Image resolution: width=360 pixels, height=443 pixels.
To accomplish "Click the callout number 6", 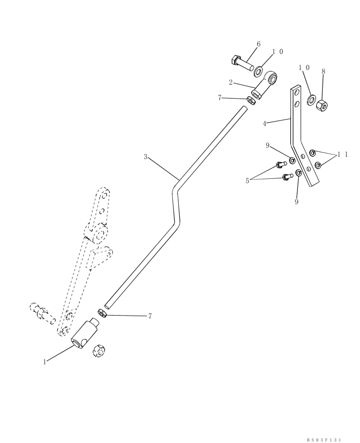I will pos(258,44).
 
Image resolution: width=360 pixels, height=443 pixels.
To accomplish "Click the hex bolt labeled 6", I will pos(242,63).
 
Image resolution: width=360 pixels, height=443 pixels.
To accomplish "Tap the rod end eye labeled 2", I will pos(266,85).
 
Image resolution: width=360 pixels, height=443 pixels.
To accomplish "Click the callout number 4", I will pos(264,124).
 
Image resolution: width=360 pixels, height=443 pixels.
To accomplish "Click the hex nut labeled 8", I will pos(321,105).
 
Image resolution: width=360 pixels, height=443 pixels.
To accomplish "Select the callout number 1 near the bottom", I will pos(45,362).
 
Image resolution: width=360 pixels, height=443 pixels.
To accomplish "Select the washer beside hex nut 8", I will pos(311,97).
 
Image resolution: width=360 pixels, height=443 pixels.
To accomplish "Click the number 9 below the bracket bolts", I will pos(296,202).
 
